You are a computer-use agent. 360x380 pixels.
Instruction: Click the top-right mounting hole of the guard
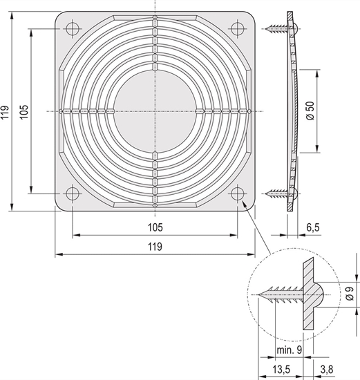pos(238,28)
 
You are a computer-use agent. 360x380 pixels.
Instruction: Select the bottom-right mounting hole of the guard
pos(238,193)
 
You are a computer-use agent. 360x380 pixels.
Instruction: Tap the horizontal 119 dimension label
pos(155,247)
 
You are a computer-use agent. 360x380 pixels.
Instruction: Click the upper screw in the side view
pos(278,29)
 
